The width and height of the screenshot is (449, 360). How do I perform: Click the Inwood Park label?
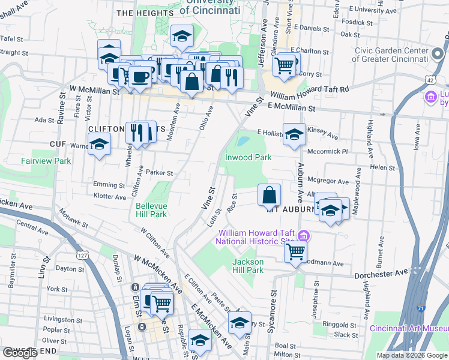tap(249, 157)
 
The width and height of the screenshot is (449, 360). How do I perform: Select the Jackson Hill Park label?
tap(248, 266)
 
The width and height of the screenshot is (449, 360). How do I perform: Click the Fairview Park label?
tap(46, 161)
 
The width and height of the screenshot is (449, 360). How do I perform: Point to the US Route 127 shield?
tap(83, 256)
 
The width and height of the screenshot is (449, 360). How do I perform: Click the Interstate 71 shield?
tap(421, 308)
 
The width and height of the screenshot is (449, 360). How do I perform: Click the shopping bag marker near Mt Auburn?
tap(270, 194)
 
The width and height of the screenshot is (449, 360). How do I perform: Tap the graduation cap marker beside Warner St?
tap(99, 145)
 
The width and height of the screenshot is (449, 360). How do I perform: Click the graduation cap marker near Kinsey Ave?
tap(294, 136)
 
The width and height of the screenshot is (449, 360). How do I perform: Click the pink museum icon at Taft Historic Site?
tap(304, 236)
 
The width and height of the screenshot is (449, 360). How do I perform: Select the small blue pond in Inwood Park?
tap(243, 142)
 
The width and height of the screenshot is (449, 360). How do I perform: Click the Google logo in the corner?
tap(20, 353)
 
